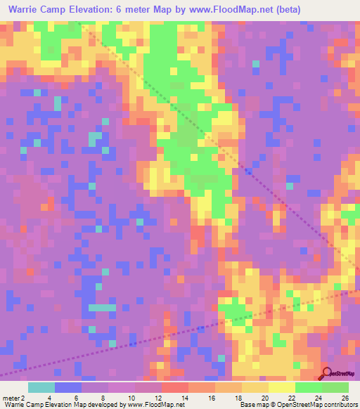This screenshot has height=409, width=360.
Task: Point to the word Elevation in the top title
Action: point(112,10)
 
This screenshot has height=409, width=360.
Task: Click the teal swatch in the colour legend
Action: point(41,387)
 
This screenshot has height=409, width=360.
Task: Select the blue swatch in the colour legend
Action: point(68,387)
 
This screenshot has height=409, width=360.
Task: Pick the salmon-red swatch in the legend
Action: point(175,387)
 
